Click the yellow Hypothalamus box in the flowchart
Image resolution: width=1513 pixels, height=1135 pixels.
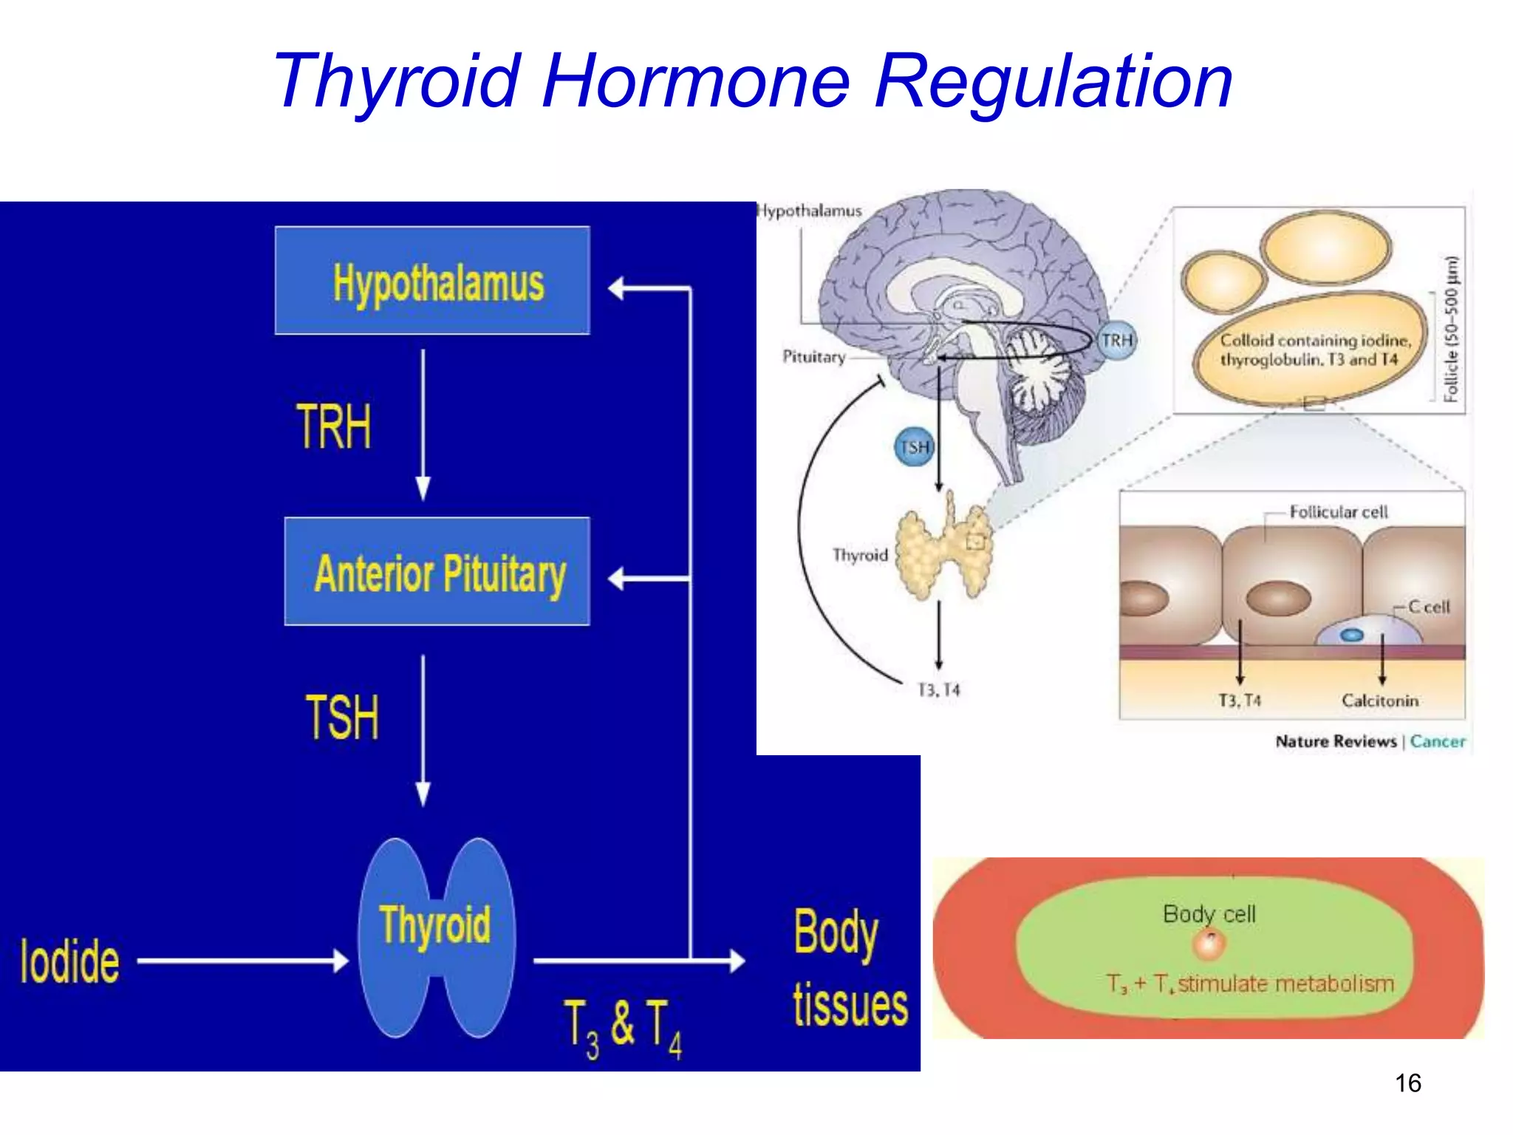[432, 281]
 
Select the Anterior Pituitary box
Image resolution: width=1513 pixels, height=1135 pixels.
[437, 572]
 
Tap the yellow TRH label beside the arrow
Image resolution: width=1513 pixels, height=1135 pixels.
[334, 426]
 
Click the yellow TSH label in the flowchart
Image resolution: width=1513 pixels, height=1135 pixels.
[342, 717]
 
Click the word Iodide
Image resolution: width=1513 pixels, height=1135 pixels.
[69, 961]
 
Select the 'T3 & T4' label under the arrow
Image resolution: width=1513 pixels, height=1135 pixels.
[623, 1027]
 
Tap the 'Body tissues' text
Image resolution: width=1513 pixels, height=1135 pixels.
[850, 968]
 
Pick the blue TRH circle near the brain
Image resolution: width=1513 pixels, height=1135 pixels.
[1116, 341]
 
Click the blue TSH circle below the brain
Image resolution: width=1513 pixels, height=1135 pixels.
[915, 447]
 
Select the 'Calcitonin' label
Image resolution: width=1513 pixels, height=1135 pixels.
[1380, 701]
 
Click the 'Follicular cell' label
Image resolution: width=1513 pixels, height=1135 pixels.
[1338, 512]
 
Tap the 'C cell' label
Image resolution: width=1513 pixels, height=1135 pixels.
[1429, 607]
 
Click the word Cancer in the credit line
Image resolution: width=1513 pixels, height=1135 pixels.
[1438, 741]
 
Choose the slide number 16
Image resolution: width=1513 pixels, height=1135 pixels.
[1407, 1083]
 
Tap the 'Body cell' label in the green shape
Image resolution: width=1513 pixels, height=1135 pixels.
[1209, 914]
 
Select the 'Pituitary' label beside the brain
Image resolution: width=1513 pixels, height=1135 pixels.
[813, 357]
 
